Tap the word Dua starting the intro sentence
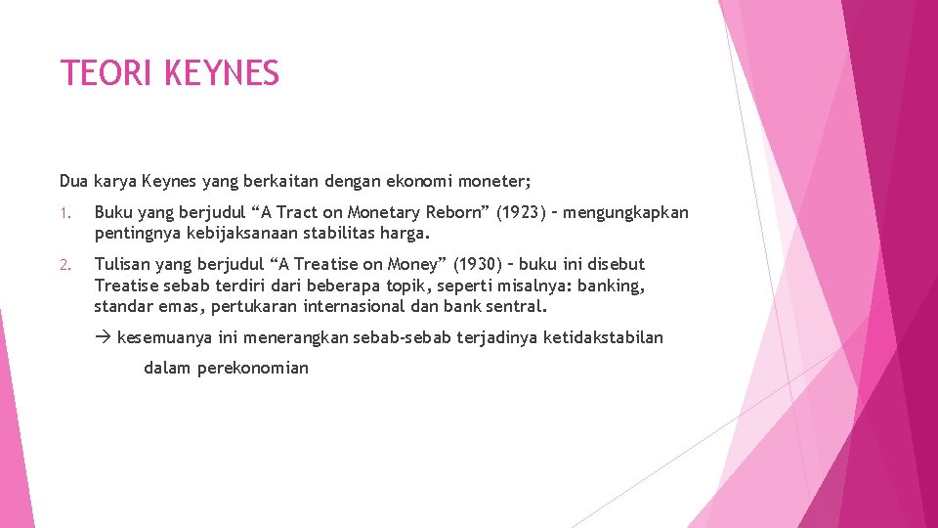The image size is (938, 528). click(74, 180)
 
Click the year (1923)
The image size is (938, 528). click(523, 212)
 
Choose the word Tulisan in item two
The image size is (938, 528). click(124, 264)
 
